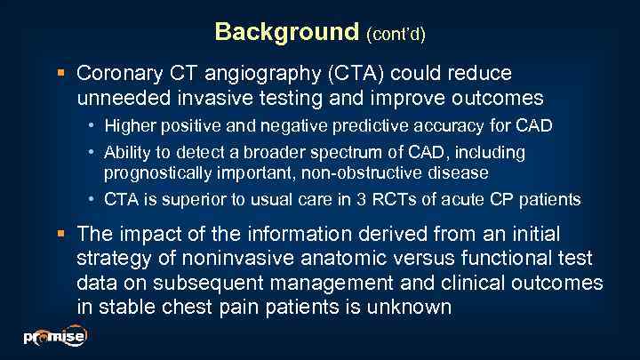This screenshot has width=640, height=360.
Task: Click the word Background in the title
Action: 286,32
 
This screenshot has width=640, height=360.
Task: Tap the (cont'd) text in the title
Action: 396,34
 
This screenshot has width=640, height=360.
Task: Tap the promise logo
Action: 54,337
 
